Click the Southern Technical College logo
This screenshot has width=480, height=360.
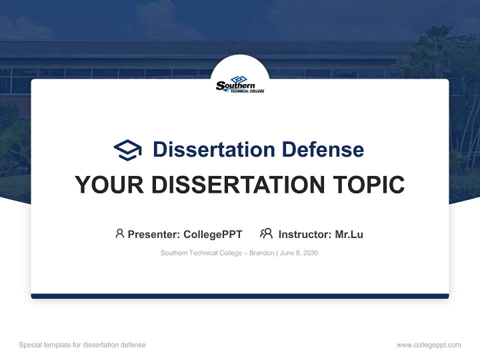240,84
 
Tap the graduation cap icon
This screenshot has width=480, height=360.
127,149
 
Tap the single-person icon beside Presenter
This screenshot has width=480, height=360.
119,233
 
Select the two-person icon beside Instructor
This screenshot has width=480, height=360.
266,233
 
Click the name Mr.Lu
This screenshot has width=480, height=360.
349,234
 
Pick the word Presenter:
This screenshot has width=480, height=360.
154,234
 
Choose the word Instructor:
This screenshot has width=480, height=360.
304,234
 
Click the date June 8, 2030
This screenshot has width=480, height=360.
299,253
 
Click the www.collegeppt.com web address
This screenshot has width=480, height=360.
428,345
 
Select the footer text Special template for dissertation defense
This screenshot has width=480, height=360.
82,345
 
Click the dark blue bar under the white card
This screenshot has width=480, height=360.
240,296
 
